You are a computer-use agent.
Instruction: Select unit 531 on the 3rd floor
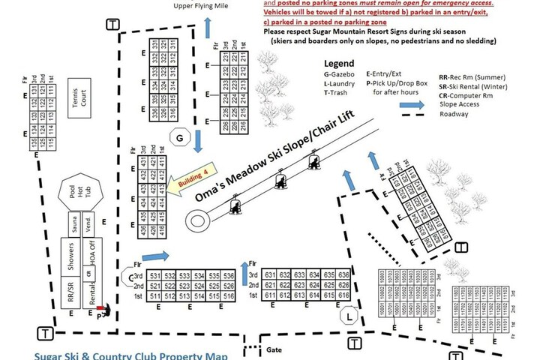click(156, 277)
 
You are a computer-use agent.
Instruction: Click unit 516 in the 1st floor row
click(228, 298)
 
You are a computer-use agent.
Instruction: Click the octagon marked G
click(179, 137)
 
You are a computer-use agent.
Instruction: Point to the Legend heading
click(338, 65)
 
